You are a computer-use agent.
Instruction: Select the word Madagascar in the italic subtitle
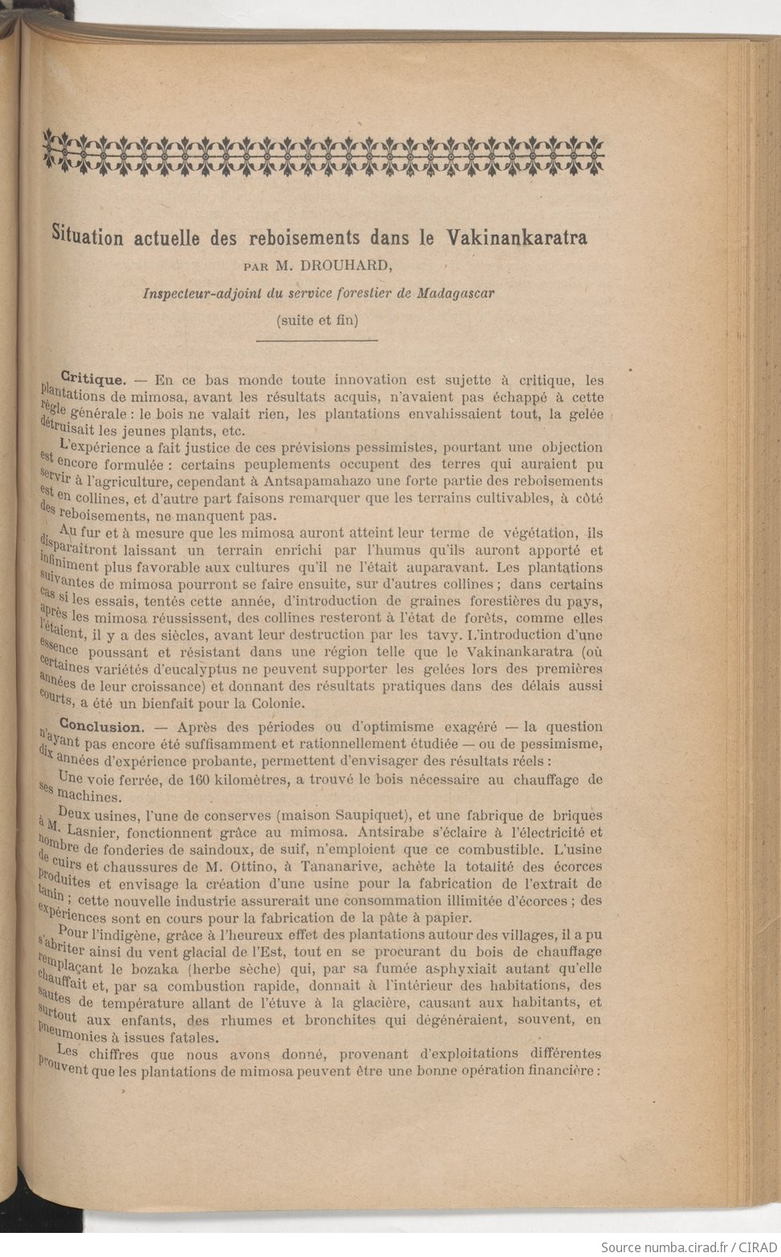pyautogui.click(x=454, y=292)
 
